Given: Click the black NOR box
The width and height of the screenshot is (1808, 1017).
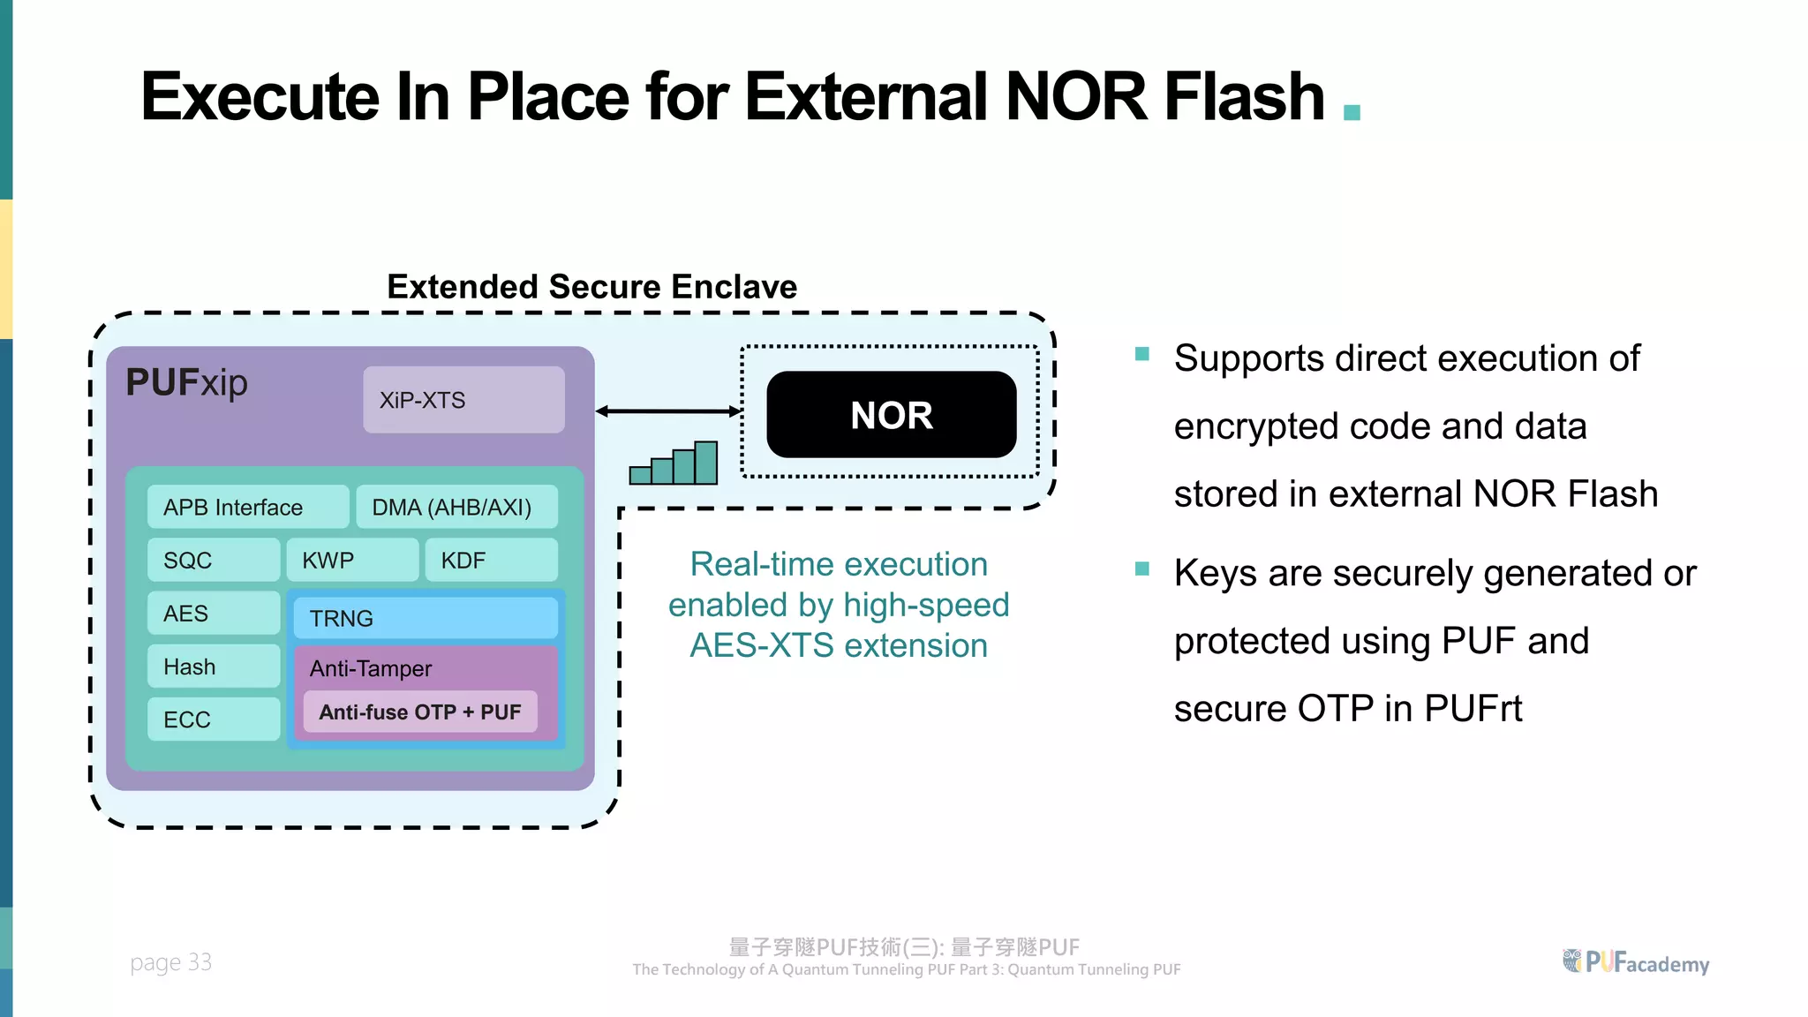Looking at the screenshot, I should (x=891, y=415).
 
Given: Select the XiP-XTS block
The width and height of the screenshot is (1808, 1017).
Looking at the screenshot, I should (x=463, y=400).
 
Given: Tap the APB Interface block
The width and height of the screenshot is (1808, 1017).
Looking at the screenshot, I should (x=247, y=507).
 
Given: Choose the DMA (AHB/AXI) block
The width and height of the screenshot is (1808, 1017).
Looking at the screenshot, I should (x=456, y=507).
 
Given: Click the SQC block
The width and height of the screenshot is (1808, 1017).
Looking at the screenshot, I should (x=213, y=560).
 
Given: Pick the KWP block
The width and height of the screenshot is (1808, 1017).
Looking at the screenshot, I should (x=351, y=560).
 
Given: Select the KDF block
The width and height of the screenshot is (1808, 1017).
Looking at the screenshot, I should (x=491, y=560).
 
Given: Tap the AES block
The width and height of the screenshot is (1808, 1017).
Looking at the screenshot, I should (x=213, y=613).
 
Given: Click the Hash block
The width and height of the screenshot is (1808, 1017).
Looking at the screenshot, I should (x=213, y=667).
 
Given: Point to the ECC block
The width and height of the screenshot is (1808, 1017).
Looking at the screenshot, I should (x=213, y=719).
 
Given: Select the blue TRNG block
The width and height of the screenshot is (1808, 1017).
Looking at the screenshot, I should (x=425, y=618).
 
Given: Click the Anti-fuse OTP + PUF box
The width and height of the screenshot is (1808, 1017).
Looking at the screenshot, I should (x=420, y=712).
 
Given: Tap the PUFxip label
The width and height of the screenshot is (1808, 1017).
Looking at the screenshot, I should (x=186, y=382).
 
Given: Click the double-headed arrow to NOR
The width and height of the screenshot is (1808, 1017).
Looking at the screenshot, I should (x=668, y=411).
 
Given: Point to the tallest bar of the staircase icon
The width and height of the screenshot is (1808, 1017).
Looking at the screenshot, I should (x=705, y=463).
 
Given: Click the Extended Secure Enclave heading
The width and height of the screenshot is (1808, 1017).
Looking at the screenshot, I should (x=591, y=287).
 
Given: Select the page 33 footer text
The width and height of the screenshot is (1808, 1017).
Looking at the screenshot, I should (x=170, y=961).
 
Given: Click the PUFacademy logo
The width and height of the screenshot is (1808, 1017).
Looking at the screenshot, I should (x=1636, y=961).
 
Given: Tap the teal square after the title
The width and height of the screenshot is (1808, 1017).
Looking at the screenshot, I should (x=1352, y=112).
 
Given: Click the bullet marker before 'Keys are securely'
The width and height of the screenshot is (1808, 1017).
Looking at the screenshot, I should (x=1141, y=569).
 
